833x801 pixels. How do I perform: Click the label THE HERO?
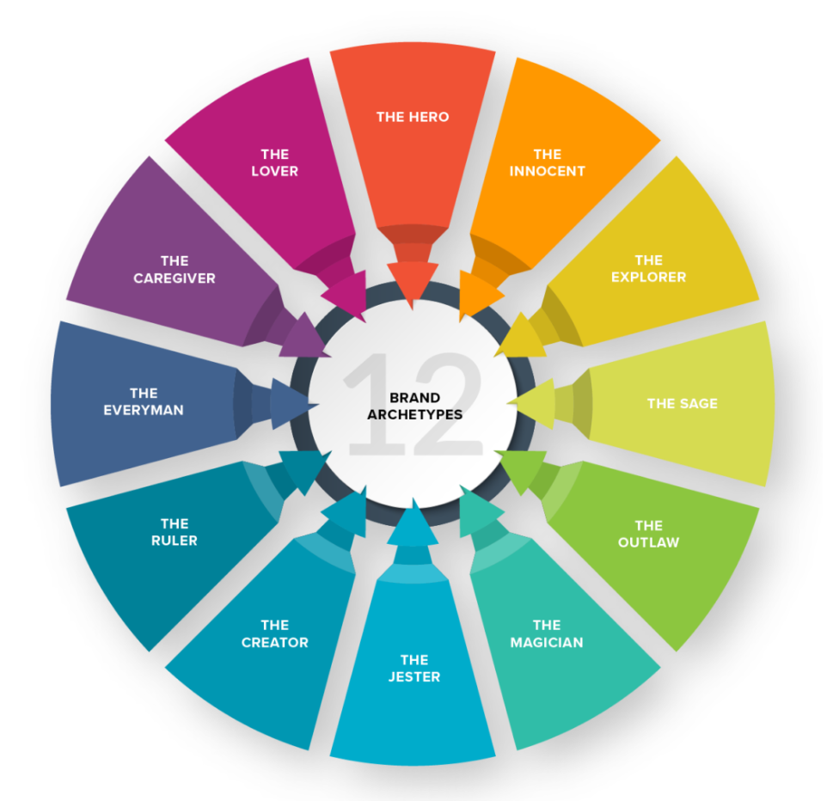pyautogui.click(x=413, y=117)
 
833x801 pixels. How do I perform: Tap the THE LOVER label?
pyautogui.click(x=274, y=162)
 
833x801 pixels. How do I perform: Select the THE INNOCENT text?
pyautogui.click(x=548, y=162)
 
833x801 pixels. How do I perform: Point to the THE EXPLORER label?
pyautogui.click(x=649, y=268)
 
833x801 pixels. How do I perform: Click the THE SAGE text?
pyautogui.click(x=682, y=404)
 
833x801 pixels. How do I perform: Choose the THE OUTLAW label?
pyautogui.click(x=649, y=534)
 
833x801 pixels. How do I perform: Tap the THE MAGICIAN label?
pyautogui.click(x=547, y=633)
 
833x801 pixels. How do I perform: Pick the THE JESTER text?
pyautogui.click(x=414, y=668)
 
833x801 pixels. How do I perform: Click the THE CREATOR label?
pyautogui.click(x=274, y=633)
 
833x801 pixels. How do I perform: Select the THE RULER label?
pyautogui.click(x=175, y=532)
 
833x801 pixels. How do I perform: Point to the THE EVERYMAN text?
pyautogui.click(x=144, y=401)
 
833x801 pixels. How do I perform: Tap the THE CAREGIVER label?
pyautogui.click(x=175, y=269)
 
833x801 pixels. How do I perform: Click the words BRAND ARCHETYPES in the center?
pyautogui.click(x=415, y=406)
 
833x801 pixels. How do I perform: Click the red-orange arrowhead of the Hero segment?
pyautogui.click(x=413, y=282)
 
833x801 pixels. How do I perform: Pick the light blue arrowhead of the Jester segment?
pyautogui.click(x=413, y=526)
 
